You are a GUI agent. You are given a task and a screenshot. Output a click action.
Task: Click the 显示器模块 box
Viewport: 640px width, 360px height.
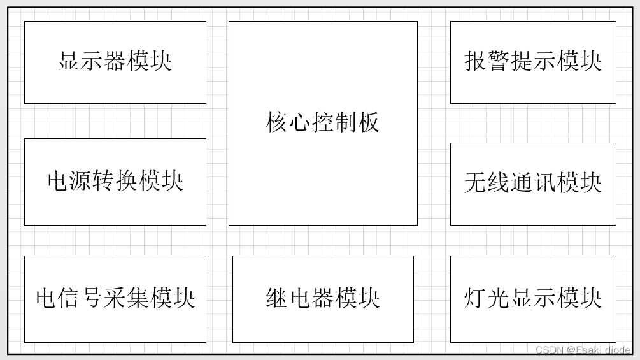(115, 62)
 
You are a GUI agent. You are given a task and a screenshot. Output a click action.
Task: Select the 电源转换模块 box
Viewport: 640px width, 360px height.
(115, 181)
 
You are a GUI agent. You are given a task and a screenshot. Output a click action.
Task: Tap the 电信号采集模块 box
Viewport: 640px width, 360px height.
(115, 298)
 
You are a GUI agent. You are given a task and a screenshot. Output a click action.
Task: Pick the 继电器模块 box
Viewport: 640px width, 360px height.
(323, 298)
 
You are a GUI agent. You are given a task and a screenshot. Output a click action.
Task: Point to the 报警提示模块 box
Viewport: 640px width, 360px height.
(533, 62)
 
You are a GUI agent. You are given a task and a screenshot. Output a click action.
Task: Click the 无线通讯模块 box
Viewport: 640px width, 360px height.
(533, 183)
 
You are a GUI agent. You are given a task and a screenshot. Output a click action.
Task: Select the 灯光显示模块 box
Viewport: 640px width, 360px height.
(533, 298)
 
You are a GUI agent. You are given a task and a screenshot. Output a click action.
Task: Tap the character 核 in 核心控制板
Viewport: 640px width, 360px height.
(277, 122)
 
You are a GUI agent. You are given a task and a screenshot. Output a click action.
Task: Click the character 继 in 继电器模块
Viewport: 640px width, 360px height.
(277, 298)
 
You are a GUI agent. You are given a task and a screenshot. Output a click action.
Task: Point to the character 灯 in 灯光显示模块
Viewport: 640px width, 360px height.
(476, 298)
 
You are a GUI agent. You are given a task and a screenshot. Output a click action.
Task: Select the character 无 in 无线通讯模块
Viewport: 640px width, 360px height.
(476, 184)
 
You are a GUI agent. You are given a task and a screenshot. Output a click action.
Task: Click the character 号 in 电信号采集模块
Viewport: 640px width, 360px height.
(92, 298)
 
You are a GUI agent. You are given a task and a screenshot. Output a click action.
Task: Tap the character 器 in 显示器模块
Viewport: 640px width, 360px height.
(115, 62)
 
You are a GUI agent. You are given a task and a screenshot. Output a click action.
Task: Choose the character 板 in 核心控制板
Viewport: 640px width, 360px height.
(369, 122)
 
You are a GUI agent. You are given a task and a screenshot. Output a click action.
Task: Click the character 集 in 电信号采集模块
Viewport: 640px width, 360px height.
(138, 298)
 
